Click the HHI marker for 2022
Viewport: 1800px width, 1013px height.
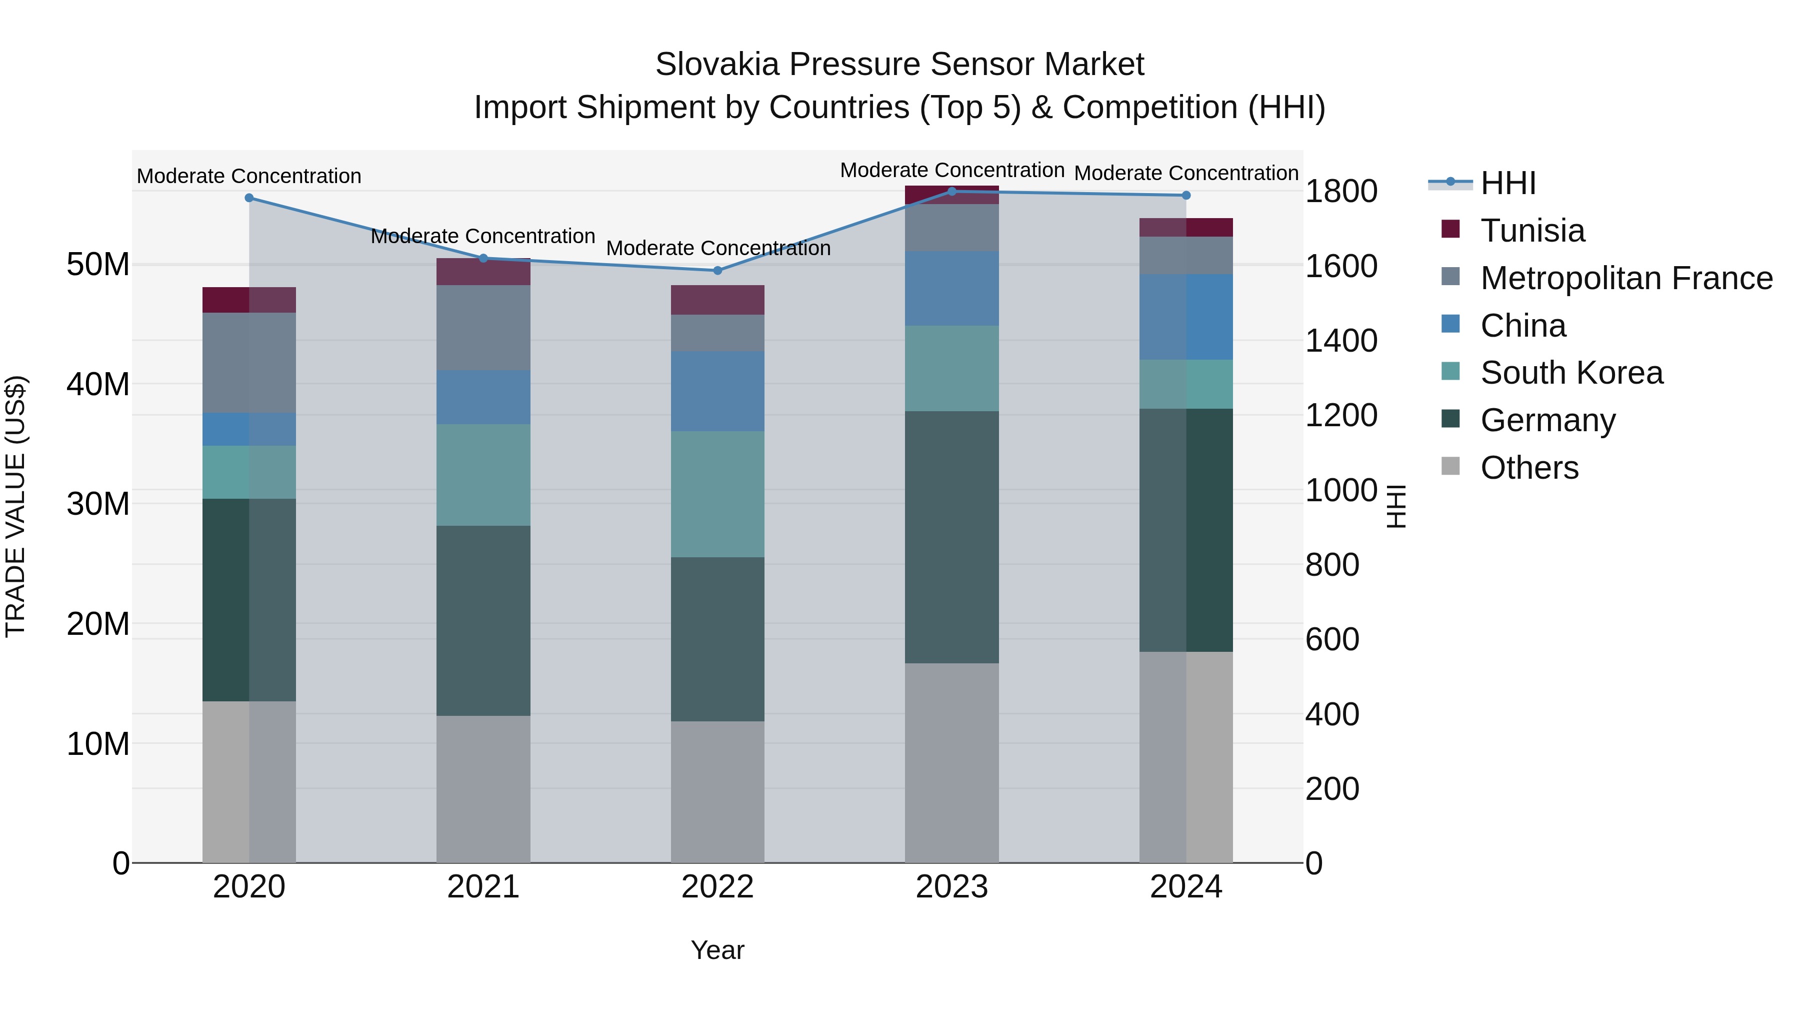point(717,271)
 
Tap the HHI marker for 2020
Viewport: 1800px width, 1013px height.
point(249,198)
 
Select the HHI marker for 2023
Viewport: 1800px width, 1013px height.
point(951,192)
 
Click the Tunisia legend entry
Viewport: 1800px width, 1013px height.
point(1531,231)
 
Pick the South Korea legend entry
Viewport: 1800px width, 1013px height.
point(1571,373)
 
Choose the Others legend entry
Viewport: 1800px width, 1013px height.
point(1529,468)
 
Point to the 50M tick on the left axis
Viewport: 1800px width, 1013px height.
point(98,265)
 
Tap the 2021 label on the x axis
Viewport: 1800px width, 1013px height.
point(483,887)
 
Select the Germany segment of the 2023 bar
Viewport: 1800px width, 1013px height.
point(951,537)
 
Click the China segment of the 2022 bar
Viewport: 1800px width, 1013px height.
point(717,392)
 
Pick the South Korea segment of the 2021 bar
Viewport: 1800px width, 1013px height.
point(483,475)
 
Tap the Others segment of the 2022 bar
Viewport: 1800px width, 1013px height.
point(717,791)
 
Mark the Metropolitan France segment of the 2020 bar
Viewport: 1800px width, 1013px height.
point(249,363)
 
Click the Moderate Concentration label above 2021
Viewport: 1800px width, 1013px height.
point(483,236)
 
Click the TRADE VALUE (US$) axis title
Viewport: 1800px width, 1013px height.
point(15,506)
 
